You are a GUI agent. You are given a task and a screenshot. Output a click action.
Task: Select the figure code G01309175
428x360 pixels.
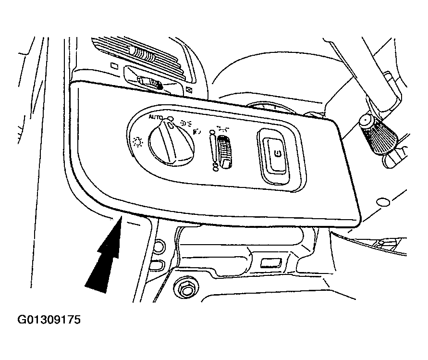pyautogui.click(x=49, y=320)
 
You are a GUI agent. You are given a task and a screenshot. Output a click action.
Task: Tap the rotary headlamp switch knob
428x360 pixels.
pyautogui.click(x=171, y=143)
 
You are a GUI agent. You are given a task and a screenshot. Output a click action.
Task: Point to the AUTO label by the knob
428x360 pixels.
pyautogui.click(x=156, y=117)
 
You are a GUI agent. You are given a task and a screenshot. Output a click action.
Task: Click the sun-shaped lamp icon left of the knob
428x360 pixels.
pyautogui.click(x=138, y=142)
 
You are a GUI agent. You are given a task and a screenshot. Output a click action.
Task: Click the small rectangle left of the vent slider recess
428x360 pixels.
pyautogui.click(x=114, y=65)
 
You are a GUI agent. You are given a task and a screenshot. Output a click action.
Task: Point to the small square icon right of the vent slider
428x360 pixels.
pyautogui.click(x=189, y=89)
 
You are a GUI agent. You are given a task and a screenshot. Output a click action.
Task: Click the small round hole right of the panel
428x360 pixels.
pyautogui.click(x=383, y=202)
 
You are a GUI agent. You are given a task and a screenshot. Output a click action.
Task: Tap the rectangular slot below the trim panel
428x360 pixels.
pyautogui.click(x=271, y=262)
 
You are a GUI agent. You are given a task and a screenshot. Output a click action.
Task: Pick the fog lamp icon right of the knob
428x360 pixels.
pyautogui.click(x=196, y=132)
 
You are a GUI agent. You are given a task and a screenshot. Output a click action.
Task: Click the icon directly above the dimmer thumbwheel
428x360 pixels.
pyautogui.click(x=223, y=128)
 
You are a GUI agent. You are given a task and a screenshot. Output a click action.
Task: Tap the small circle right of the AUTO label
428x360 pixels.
pyautogui.click(x=171, y=118)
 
